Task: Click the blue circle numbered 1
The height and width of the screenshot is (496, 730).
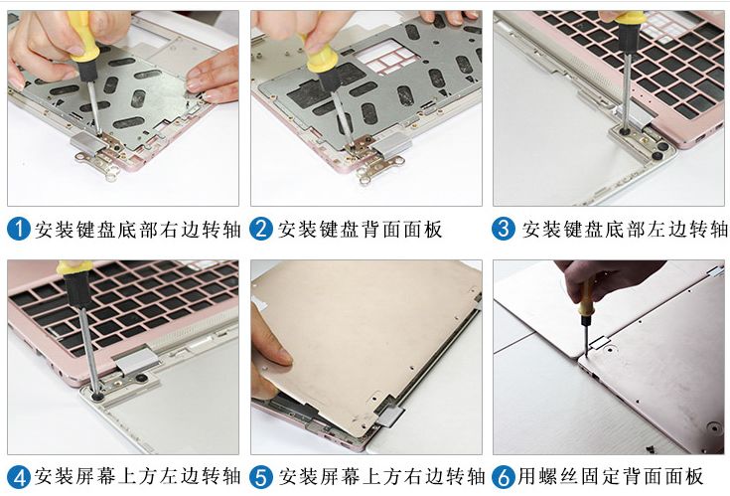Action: coord(19,230)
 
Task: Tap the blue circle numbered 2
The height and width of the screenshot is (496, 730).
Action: coord(261,230)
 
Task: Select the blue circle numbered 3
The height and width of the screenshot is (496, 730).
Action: coord(504,229)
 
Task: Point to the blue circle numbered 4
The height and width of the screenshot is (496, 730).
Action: coord(19,477)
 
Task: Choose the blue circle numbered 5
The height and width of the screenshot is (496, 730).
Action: coord(261,477)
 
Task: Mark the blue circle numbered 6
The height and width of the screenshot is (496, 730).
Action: coord(504,477)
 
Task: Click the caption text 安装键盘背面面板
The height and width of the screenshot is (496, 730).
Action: coord(360,230)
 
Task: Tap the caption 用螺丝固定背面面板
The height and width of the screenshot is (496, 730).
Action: coord(611,476)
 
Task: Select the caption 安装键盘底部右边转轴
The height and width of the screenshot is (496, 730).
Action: coord(137,230)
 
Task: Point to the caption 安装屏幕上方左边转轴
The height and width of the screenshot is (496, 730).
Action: coord(137,476)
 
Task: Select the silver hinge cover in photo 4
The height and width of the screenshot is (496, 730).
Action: coord(136,360)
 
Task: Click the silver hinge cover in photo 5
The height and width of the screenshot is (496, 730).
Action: coord(390,415)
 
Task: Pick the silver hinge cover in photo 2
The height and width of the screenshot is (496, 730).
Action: coord(393,143)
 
